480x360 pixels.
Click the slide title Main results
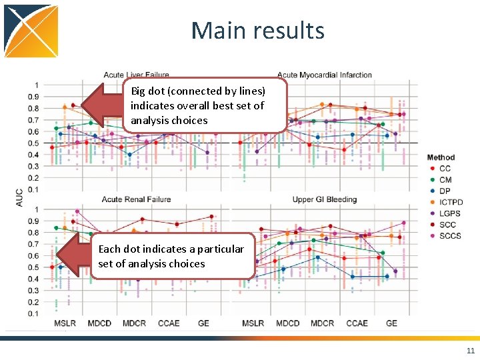(257, 31)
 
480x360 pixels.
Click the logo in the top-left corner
(31, 31)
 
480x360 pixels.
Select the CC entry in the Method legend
(445, 169)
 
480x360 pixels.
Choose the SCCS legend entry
(450, 235)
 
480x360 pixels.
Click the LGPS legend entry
(449, 213)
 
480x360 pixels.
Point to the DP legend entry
(445, 191)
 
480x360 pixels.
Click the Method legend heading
(441, 157)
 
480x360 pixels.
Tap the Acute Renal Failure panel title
(136, 199)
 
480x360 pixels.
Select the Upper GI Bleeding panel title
(324, 199)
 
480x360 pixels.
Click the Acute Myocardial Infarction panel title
(324, 75)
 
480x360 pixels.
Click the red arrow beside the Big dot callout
(100, 105)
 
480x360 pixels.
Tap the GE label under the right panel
(391, 323)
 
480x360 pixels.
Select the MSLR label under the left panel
(65, 323)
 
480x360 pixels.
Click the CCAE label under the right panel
(357, 323)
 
